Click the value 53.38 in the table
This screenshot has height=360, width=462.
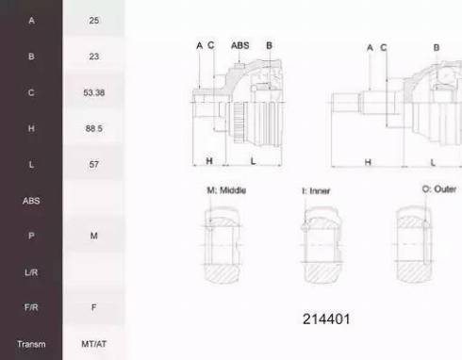93,92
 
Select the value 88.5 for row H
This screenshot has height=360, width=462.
93,128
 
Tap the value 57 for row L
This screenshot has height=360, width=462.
93,164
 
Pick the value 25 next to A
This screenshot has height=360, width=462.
93,21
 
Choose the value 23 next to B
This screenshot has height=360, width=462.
93,57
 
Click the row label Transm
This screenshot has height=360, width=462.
31,344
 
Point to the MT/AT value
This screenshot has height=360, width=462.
93,344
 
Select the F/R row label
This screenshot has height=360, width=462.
31,307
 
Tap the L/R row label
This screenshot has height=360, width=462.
31,272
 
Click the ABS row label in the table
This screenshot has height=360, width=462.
31,201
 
